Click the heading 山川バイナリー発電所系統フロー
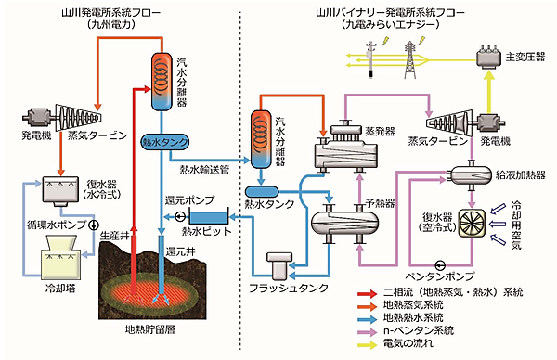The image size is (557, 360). (398, 11)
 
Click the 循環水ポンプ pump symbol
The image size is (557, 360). (91, 225)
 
